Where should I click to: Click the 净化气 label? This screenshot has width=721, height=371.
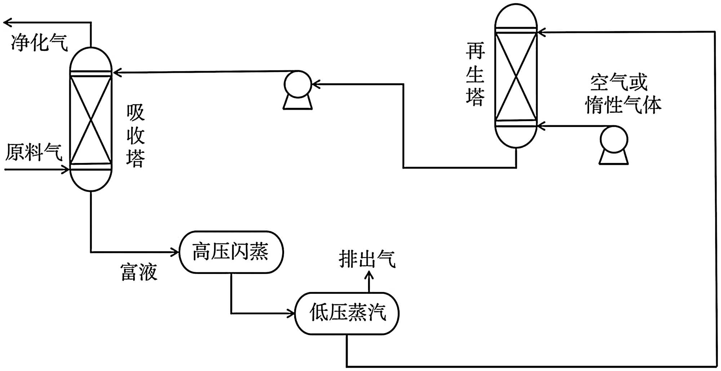pos(39,43)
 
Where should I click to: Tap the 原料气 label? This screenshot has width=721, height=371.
pos(34,152)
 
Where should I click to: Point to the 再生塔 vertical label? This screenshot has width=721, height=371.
pos(475,74)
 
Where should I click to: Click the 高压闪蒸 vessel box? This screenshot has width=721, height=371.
pos(231,252)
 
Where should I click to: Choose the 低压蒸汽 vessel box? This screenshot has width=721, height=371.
pos(347,313)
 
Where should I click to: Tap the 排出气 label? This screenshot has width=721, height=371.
pos(367,259)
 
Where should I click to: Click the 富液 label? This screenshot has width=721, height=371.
pos(139,272)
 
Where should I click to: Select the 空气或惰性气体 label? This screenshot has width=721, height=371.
pos(623,94)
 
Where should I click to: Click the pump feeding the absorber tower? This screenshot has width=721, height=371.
pos(298,89)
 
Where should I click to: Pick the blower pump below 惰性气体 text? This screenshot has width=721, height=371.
pos(614,144)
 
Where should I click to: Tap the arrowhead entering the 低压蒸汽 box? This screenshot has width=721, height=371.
pos(291,313)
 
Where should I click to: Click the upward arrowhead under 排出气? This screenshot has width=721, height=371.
pos(369,276)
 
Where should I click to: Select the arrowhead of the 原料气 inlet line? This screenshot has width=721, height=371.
pos(66,169)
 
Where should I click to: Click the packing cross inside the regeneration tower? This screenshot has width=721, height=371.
pos(516,76)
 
